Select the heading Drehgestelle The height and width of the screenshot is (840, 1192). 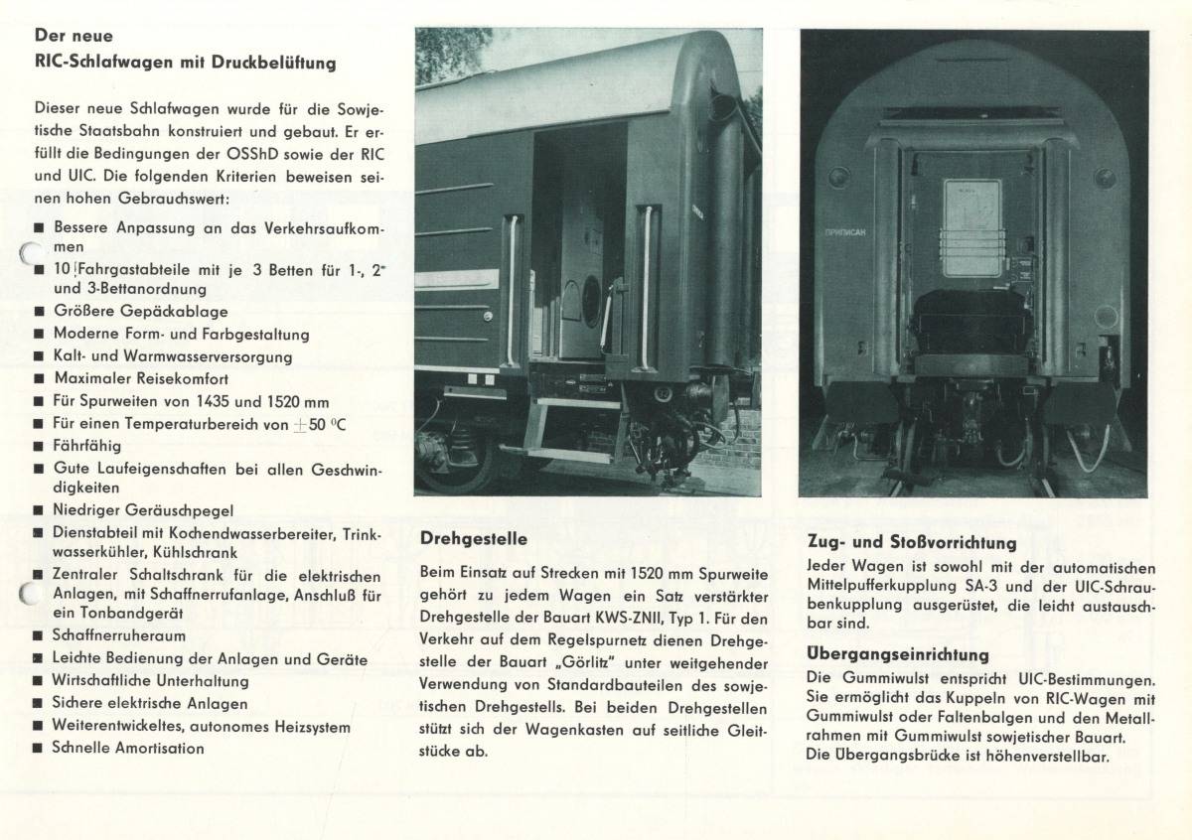pyautogui.click(x=473, y=539)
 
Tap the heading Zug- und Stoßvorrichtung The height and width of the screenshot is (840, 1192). pyautogui.click(x=912, y=543)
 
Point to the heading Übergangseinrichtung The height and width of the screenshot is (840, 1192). pyautogui.click(x=898, y=654)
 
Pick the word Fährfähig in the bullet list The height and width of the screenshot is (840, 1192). pyautogui.click(x=87, y=446)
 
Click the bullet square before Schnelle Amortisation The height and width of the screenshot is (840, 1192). pyautogui.click(x=39, y=749)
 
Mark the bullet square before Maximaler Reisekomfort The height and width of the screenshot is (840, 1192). pyautogui.click(x=39, y=379)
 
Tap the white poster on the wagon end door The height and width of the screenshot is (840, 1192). pyautogui.click(x=971, y=227)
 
